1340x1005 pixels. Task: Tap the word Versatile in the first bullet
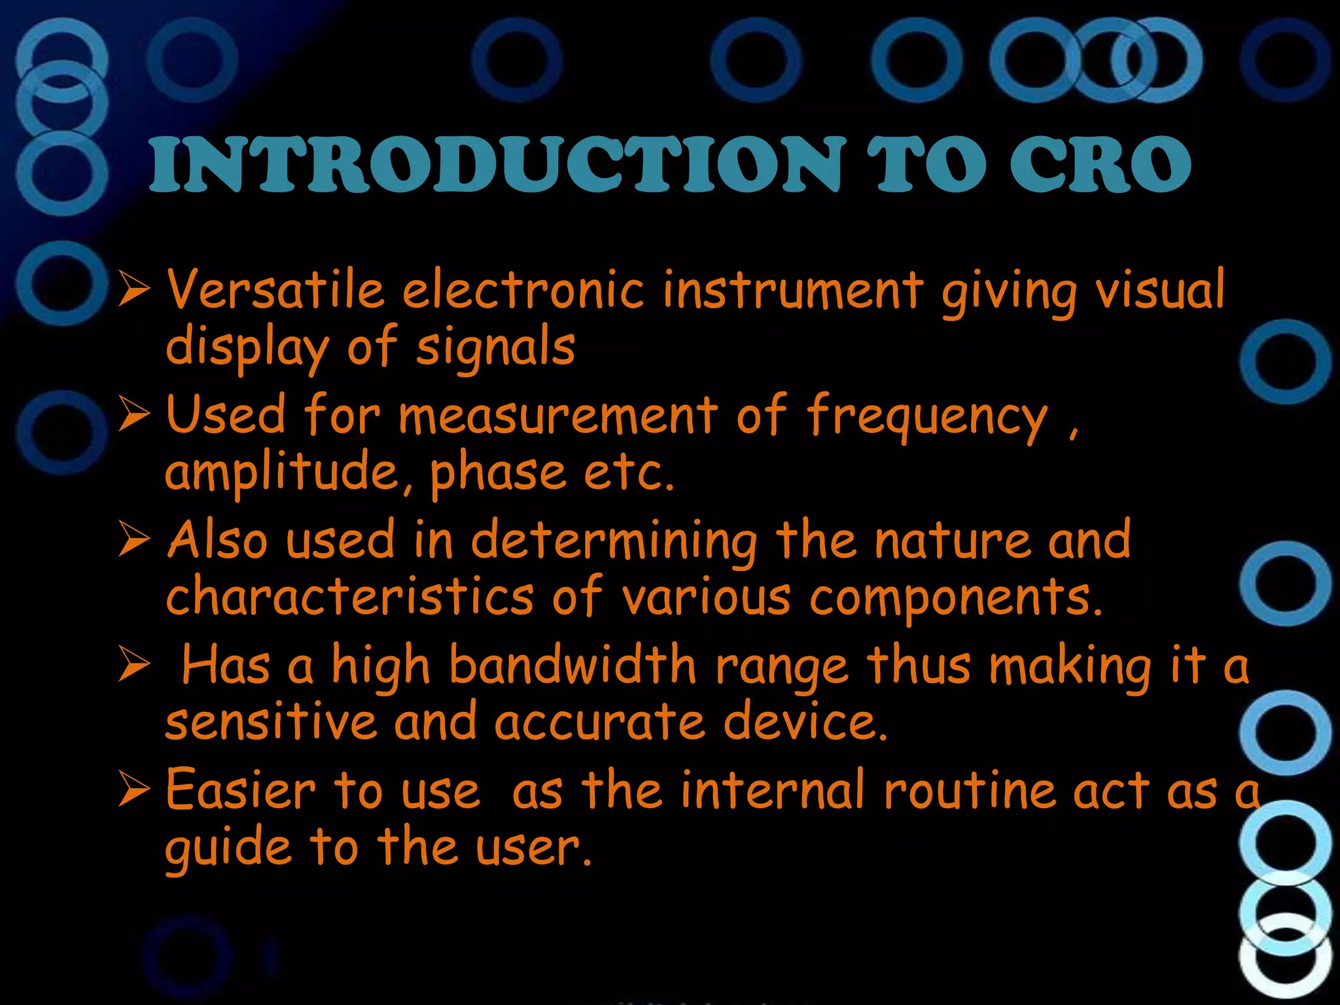[275, 290]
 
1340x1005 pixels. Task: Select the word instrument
[792, 290]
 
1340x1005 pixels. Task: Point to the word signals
[495, 349]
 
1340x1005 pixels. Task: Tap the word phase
[497, 473]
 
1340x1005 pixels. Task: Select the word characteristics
[350, 597]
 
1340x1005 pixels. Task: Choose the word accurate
[600, 722]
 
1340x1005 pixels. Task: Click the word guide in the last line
[228, 849]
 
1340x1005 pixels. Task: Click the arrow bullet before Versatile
[135, 290]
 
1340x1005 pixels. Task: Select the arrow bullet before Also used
[135, 541]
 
